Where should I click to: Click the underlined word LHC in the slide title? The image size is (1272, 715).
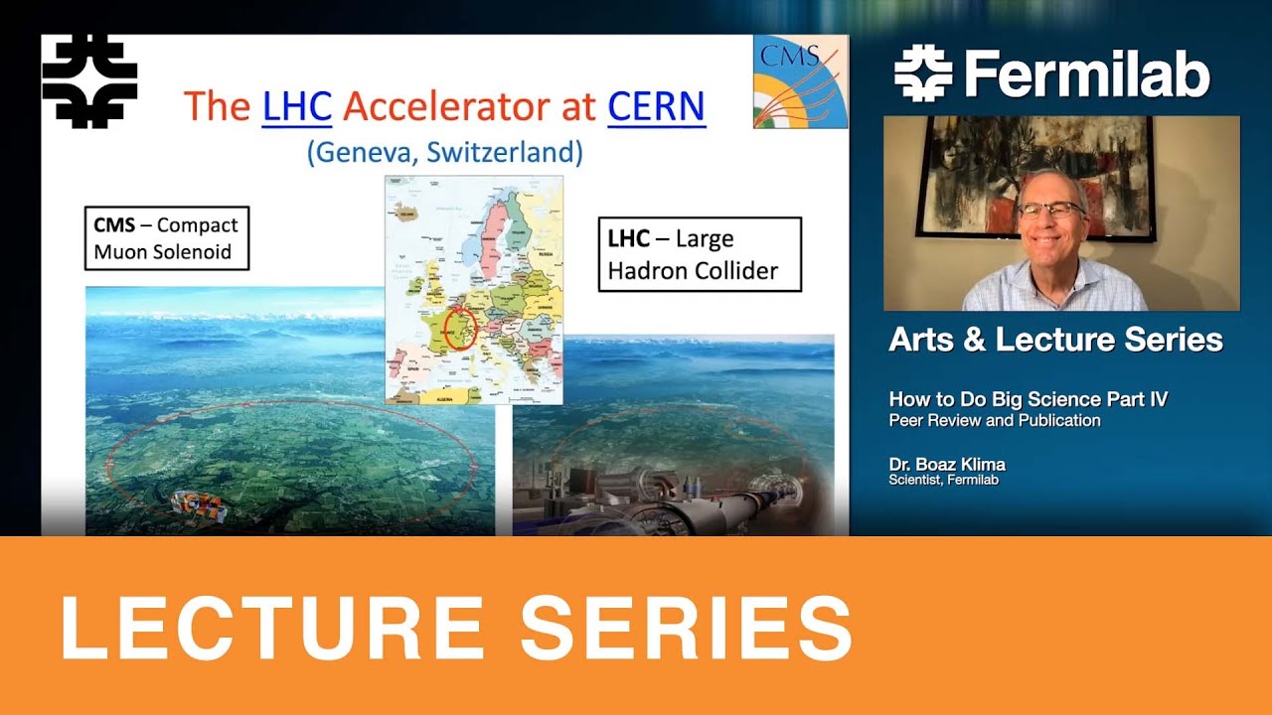click(296, 106)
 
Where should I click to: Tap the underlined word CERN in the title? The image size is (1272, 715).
click(656, 106)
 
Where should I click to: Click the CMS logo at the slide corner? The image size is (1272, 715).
click(800, 81)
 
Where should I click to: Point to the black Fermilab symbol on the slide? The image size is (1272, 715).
click(89, 81)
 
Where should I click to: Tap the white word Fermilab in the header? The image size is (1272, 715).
click(1087, 75)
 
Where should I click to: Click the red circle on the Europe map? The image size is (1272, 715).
click(460, 327)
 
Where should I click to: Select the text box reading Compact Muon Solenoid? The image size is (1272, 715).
click(166, 238)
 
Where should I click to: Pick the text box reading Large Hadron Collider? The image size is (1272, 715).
click(699, 254)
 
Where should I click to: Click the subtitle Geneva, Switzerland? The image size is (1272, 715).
click(444, 152)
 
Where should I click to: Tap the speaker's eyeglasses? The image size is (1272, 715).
click(1050, 211)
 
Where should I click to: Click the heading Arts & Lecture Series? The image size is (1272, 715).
click(1055, 340)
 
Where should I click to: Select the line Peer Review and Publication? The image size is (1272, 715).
click(995, 420)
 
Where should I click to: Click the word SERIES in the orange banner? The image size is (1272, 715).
click(686, 628)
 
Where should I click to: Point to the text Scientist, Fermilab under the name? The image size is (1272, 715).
click(943, 481)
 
